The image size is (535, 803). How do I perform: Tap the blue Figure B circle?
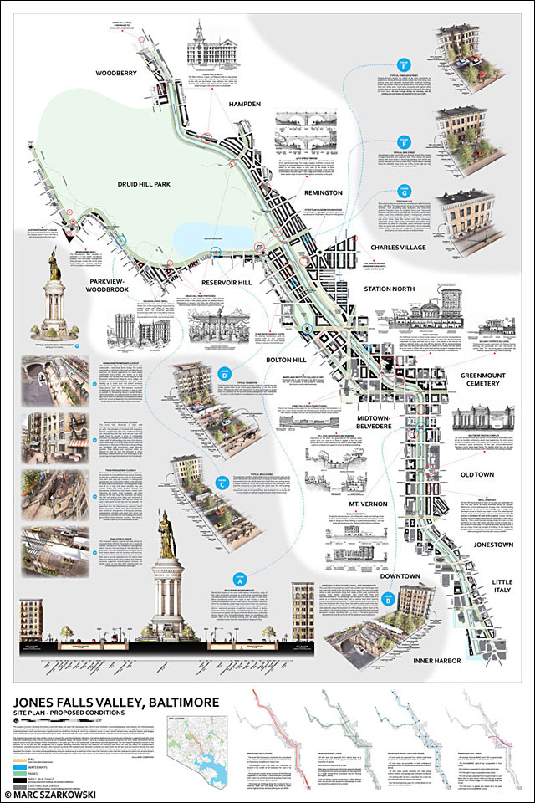point(389,598)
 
